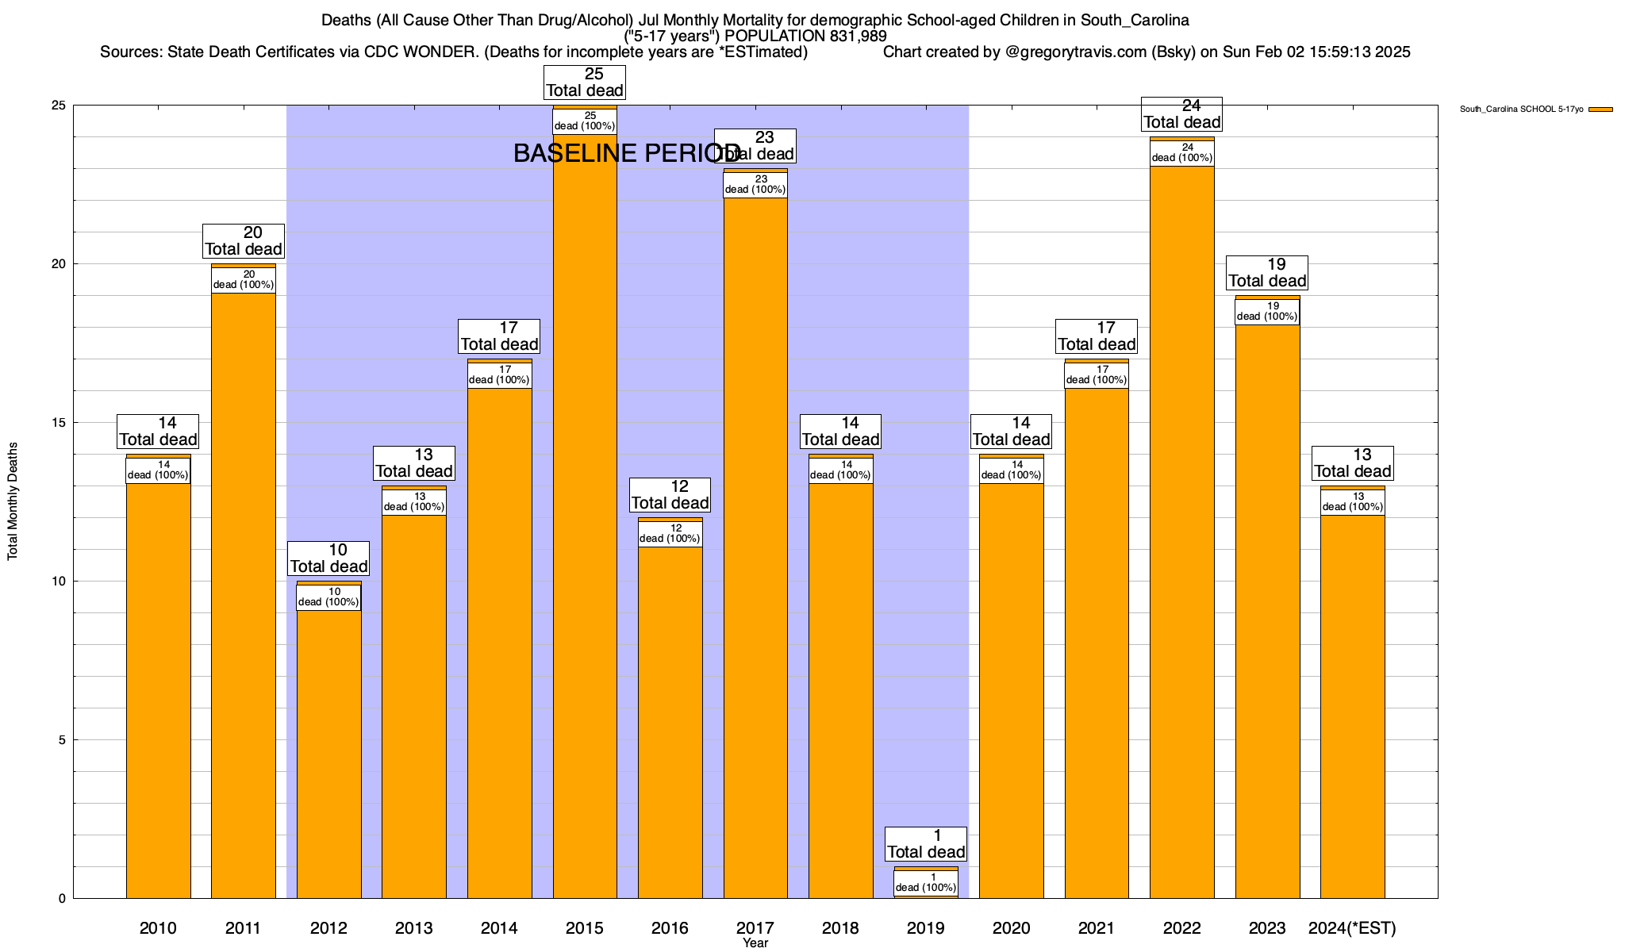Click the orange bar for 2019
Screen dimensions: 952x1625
(x=926, y=869)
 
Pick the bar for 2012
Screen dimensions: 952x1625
(x=328, y=754)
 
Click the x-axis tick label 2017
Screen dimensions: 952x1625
(x=755, y=928)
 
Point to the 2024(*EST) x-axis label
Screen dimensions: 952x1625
(x=1352, y=928)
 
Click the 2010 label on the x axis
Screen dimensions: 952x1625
(x=158, y=928)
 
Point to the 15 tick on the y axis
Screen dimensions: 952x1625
(x=60, y=423)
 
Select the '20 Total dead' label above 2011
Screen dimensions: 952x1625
(x=244, y=241)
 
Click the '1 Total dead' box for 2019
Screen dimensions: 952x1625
(x=926, y=844)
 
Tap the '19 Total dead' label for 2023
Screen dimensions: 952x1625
(x=1267, y=273)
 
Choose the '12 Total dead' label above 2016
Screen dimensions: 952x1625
(x=670, y=495)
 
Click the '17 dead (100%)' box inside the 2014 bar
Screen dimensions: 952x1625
(x=499, y=374)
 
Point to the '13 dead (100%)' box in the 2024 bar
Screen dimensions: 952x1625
(x=1352, y=501)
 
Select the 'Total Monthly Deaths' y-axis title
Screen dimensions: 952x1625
(x=13, y=501)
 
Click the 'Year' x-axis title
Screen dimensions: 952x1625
(x=755, y=943)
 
